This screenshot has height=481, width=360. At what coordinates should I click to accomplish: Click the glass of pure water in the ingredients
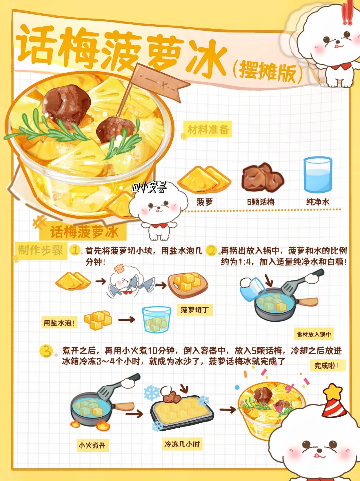[x=317, y=174]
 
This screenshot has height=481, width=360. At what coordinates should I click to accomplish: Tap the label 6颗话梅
[x=261, y=202]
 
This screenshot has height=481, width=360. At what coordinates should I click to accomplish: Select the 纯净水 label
[x=318, y=202]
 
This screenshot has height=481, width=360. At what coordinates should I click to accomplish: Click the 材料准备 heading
[x=208, y=129]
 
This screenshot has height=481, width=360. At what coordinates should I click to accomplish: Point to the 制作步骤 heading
[x=41, y=250]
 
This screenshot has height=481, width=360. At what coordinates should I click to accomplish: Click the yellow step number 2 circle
[x=211, y=250]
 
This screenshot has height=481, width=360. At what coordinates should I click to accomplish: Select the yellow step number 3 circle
[x=46, y=351]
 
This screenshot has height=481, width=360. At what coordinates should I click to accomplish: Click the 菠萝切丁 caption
[x=195, y=310]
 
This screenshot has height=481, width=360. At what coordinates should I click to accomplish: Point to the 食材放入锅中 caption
[x=314, y=334]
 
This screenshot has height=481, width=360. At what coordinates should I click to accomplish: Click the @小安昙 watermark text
[x=149, y=187]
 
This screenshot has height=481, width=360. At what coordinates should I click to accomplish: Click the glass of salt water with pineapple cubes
[x=156, y=319]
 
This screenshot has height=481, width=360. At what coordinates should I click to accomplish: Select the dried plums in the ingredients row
[x=262, y=176]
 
